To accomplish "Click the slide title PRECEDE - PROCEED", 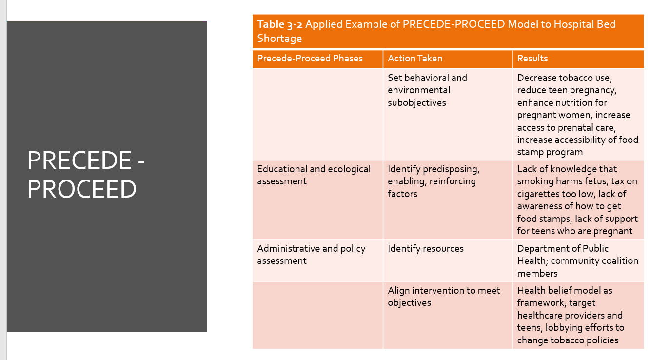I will click(86, 174).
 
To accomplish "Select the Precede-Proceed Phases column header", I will click(310, 59).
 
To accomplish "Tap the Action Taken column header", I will click(415, 59).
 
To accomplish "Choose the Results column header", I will click(532, 59).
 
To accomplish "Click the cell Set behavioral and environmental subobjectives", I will click(427, 90).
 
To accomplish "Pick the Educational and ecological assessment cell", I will click(314, 175).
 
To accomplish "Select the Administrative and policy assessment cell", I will click(311, 255).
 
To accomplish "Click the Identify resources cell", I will click(425, 249).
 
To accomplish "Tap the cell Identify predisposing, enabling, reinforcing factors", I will click(434, 181).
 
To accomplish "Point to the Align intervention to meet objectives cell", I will click(444, 297).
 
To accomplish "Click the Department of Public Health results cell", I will click(577, 261).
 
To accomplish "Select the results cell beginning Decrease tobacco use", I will click(577, 115).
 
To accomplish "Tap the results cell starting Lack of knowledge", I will click(577, 200).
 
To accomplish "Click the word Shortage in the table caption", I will click(279, 39).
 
